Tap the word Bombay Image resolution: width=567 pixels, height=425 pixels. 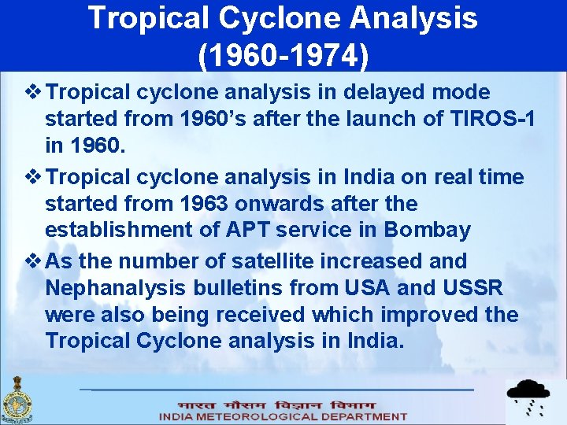tap(428, 231)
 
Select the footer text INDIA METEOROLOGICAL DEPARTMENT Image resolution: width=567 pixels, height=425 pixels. tap(283, 416)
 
